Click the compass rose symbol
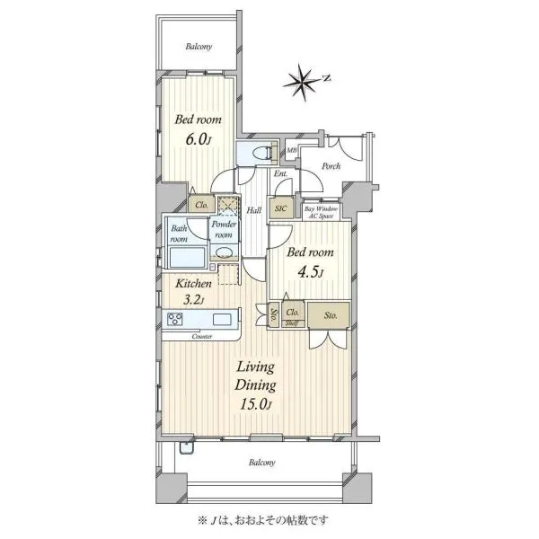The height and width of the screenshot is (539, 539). pyautogui.click(x=302, y=83)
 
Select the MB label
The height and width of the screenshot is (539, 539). pyautogui.click(x=291, y=151)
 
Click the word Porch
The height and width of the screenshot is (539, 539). pyautogui.click(x=331, y=166)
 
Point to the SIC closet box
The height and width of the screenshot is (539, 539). pyautogui.click(x=281, y=208)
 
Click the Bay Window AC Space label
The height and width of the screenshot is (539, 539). pyautogui.click(x=321, y=212)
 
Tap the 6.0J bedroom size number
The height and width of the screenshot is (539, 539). pyautogui.click(x=198, y=139)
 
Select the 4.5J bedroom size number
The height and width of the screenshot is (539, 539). pyautogui.click(x=310, y=272)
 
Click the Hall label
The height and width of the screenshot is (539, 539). pyautogui.click(x=254, y=210)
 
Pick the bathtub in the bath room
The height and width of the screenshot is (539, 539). pyautogui.click(x=187, y=257)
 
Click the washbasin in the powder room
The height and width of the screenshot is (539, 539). pyautogui.click(x=224, y=252)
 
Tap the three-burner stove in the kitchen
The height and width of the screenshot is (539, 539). pyautogui.click(x=175, y=319)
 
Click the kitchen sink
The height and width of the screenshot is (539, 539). pyautogui.click(x=222, y=319)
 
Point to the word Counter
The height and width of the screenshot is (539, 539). pyautogui.click(x=202, y=337)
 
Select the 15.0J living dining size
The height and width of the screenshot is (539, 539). pyautogui.click(x=256, y=404)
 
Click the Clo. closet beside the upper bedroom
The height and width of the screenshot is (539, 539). pyautogui.click(x=201, y=205)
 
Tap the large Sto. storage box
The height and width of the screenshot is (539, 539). pyautogui.click(x=329, y=315)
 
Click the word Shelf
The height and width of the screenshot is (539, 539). pyautogui.click(x=292, y=323)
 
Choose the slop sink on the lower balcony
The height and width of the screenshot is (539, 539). pyautogui.click(x=187, y=448)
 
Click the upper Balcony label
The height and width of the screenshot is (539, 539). pyautogui.click(x=199, y=46)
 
